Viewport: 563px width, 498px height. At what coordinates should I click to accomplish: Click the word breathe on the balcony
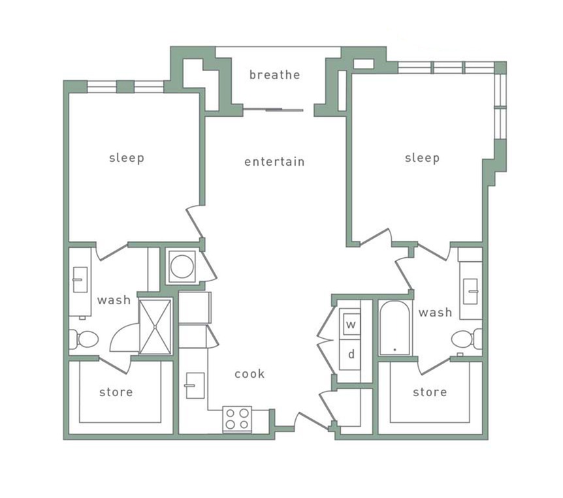(274, 74)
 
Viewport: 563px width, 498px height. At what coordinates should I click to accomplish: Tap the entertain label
(274, 161)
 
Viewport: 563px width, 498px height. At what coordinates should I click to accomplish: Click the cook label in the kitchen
(249, 374)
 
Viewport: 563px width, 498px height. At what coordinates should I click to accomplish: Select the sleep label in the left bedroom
(126, 158)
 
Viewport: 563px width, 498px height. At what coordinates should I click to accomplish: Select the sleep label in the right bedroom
(422, 158)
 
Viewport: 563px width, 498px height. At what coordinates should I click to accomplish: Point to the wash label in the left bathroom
(114, 300)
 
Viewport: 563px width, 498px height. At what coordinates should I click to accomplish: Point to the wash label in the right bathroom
(435, 313)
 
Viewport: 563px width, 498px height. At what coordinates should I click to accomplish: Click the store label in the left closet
(116, 392)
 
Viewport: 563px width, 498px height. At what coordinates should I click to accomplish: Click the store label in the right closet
(430, 392)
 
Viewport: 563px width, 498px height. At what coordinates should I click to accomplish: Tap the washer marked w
(351, 324)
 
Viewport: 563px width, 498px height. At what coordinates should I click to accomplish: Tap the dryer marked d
(351, 354)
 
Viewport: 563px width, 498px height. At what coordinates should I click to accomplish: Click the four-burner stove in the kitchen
(237, 418)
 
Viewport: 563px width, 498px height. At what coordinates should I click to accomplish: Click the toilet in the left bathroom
(84, 339)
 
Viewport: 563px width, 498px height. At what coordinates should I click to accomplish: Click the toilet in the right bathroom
(466, 339)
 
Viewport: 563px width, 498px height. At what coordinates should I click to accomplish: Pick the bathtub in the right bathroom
(394, 328)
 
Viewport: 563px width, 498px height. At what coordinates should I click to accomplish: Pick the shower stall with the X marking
(155, 326)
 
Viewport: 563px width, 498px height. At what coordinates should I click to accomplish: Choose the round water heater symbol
(182, 266)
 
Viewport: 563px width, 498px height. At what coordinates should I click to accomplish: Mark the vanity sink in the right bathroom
(470, 287)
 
